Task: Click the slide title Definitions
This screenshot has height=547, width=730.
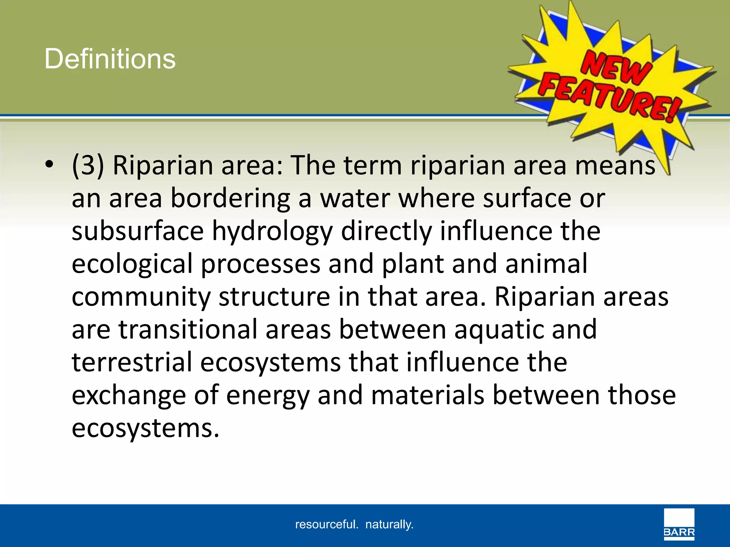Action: tap(110, 59)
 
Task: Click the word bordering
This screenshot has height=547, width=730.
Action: tap(230, 198)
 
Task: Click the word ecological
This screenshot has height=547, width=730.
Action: tap(132, 264)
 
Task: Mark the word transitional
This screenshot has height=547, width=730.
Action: tap(188, 329)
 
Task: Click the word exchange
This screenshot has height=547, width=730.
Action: tap(129, 396)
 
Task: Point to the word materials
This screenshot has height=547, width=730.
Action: tap(427, 395)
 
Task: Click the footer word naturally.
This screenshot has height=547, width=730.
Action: tap(389, 524)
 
